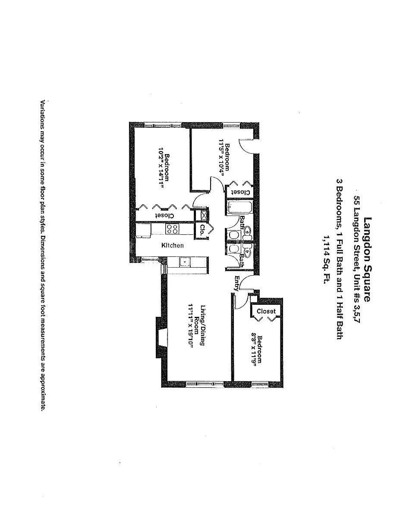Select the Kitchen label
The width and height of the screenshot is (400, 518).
pos(173,246)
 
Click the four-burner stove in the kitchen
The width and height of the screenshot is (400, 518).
pos(173,229)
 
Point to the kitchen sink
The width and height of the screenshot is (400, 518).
pos(185,262)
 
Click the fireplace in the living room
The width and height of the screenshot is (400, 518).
pos(161,338)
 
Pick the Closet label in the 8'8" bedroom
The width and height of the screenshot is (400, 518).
pos(266,311)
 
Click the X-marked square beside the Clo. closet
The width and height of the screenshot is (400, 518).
pos(202,215)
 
